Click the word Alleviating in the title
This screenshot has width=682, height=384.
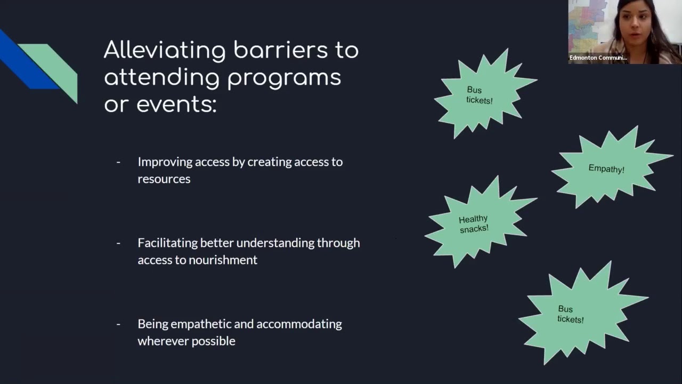(x=165, y=51)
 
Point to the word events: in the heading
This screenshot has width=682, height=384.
(x=176, y=104)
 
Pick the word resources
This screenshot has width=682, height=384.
(x=164, y=179)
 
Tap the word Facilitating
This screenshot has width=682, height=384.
(x=167, y=243)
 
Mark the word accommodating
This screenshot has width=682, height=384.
(x=299, y=324)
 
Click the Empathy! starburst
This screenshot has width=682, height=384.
(x=607, y=168)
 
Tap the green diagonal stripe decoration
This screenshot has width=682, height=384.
(x=56, y=67)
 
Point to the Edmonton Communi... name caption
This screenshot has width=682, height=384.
(x=598, y=58)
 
